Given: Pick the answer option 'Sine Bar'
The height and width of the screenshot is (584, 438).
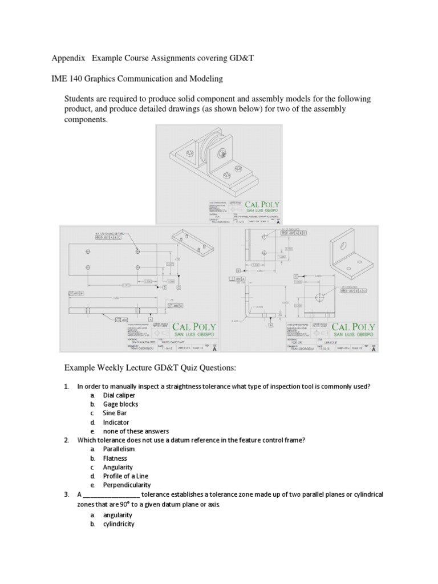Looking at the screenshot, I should tap(116, 413).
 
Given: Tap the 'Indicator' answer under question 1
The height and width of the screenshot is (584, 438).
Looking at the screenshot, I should tap(117, 422).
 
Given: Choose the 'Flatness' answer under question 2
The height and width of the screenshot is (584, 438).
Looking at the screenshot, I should tap(115, 458).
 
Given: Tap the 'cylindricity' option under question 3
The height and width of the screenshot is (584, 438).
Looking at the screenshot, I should tap(119, 524).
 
